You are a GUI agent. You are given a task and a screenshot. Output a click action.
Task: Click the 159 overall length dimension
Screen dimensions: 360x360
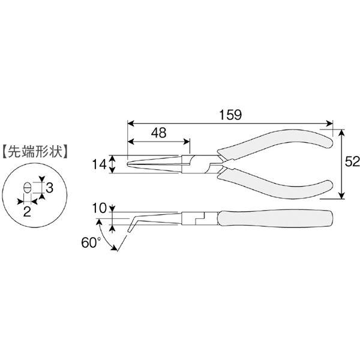pos(230,115)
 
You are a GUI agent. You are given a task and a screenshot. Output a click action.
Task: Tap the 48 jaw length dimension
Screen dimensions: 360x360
pos(158,133)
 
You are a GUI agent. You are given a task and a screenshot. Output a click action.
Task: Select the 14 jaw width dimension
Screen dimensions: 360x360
pos(99,164)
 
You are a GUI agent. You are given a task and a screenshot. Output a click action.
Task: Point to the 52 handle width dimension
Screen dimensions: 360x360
pos(352,162)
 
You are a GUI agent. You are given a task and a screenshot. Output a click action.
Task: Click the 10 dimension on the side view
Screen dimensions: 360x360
pos(99,208)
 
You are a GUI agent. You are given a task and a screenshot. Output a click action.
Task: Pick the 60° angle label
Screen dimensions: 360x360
pos(91,242)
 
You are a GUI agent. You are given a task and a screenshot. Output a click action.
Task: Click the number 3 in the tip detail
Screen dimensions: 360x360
pos(49,188)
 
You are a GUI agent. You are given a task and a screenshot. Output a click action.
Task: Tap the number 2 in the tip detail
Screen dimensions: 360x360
pos(27,211)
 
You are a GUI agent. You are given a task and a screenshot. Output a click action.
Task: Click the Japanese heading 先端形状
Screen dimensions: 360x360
pos(35,151)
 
